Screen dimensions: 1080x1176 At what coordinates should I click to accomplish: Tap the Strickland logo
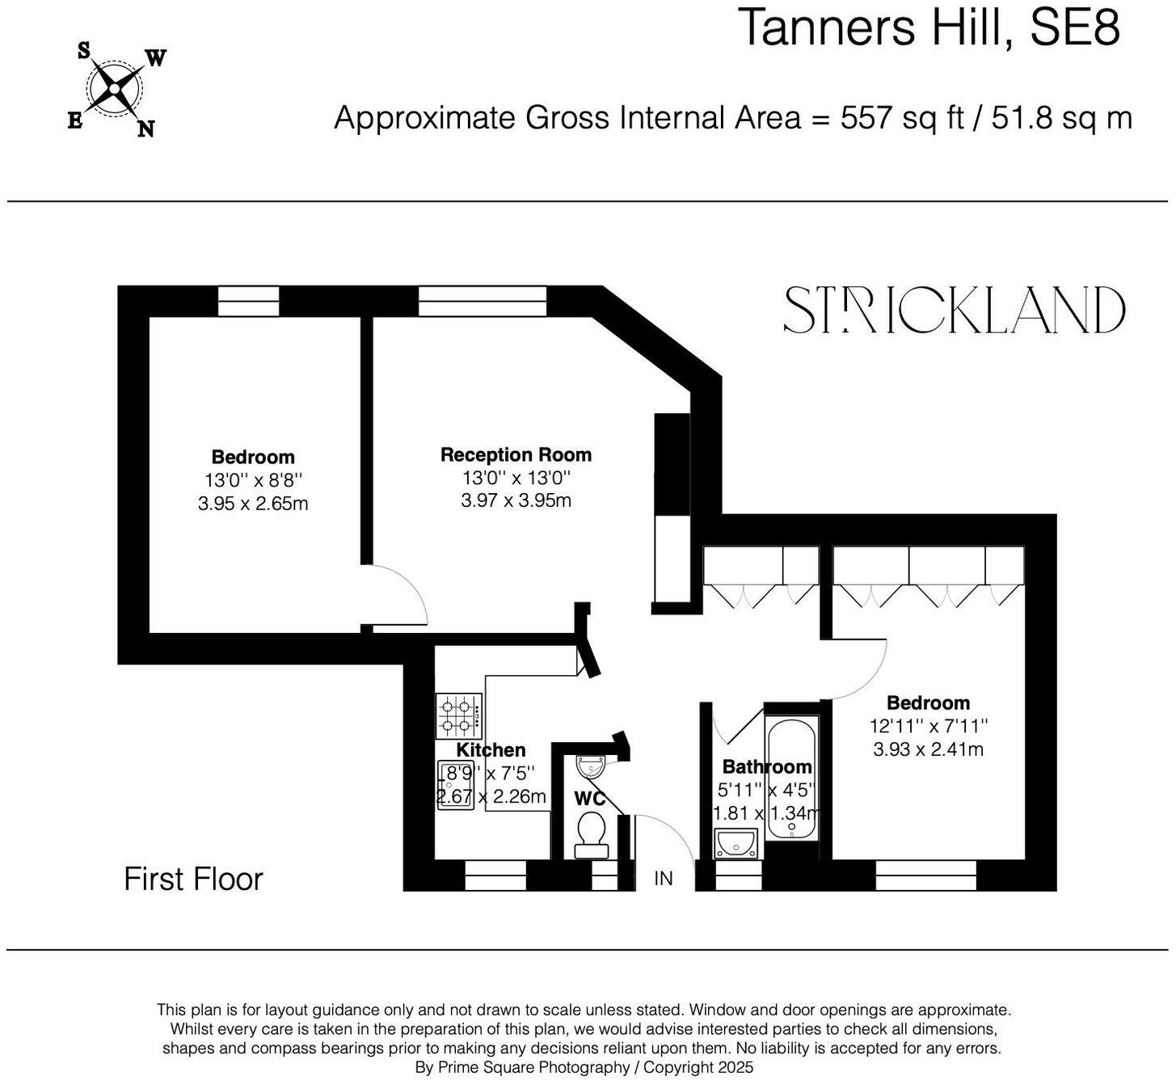(x=954, y=310)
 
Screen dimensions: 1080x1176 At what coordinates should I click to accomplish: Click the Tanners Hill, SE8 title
(x=929, y=27)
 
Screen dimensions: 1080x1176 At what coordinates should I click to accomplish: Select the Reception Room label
(x=516, y=455)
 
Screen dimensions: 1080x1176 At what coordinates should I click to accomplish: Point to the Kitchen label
(x=491, y=750)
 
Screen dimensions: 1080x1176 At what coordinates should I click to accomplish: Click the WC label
(x=589, y=799)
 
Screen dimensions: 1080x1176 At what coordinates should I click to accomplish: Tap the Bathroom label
(x=766, y=766)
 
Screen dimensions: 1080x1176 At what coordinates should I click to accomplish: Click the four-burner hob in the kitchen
(x=459, y=716)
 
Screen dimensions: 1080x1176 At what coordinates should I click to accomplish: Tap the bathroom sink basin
(x=736, y=843)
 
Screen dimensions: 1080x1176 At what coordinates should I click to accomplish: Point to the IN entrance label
(x=663, y=878)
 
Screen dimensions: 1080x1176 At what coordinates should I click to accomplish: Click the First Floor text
(x=193, y=880)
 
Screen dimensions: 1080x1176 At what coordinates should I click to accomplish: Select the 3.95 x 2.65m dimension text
(x=253, y=504)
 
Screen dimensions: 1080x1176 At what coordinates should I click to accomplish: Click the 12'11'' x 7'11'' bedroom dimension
(x=928, y=726)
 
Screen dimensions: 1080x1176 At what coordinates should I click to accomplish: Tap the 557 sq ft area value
(x=903, y=118)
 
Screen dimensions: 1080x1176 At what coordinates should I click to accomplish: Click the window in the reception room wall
(x=483, y=301)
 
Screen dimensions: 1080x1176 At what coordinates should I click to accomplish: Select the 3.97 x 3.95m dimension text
(x=516, y=500)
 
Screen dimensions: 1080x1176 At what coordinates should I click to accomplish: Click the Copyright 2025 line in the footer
(x=584, y=1068)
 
